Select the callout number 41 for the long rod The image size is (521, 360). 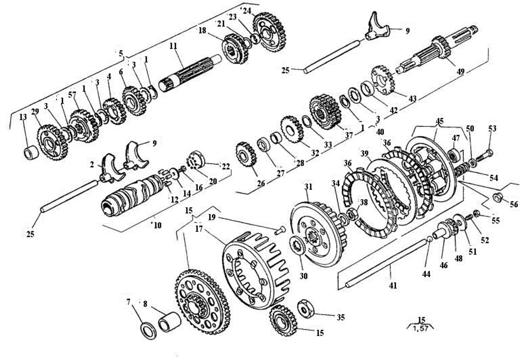point(393,286)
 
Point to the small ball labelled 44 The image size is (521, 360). point(429,239)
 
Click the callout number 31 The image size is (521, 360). point(308,187)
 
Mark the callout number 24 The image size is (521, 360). point(247,10)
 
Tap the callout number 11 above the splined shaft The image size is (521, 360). point(173,46)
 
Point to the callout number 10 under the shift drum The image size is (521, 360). point(158,225)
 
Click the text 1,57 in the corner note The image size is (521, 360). point(420,328)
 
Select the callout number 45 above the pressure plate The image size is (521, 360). point(440,121)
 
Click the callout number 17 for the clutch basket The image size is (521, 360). point(199,229)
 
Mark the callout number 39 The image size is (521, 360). point(364,153)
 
